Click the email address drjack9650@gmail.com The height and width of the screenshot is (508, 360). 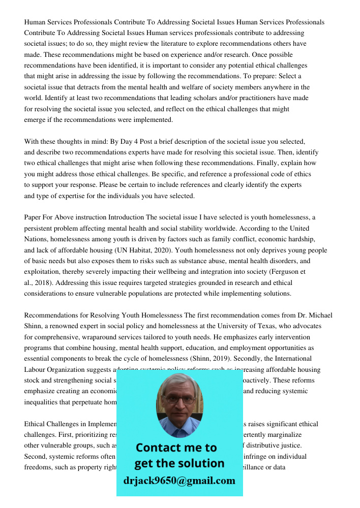coord(179,481)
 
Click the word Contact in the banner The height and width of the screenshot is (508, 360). coord(161,448)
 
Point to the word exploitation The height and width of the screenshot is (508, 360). coord(42,272)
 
